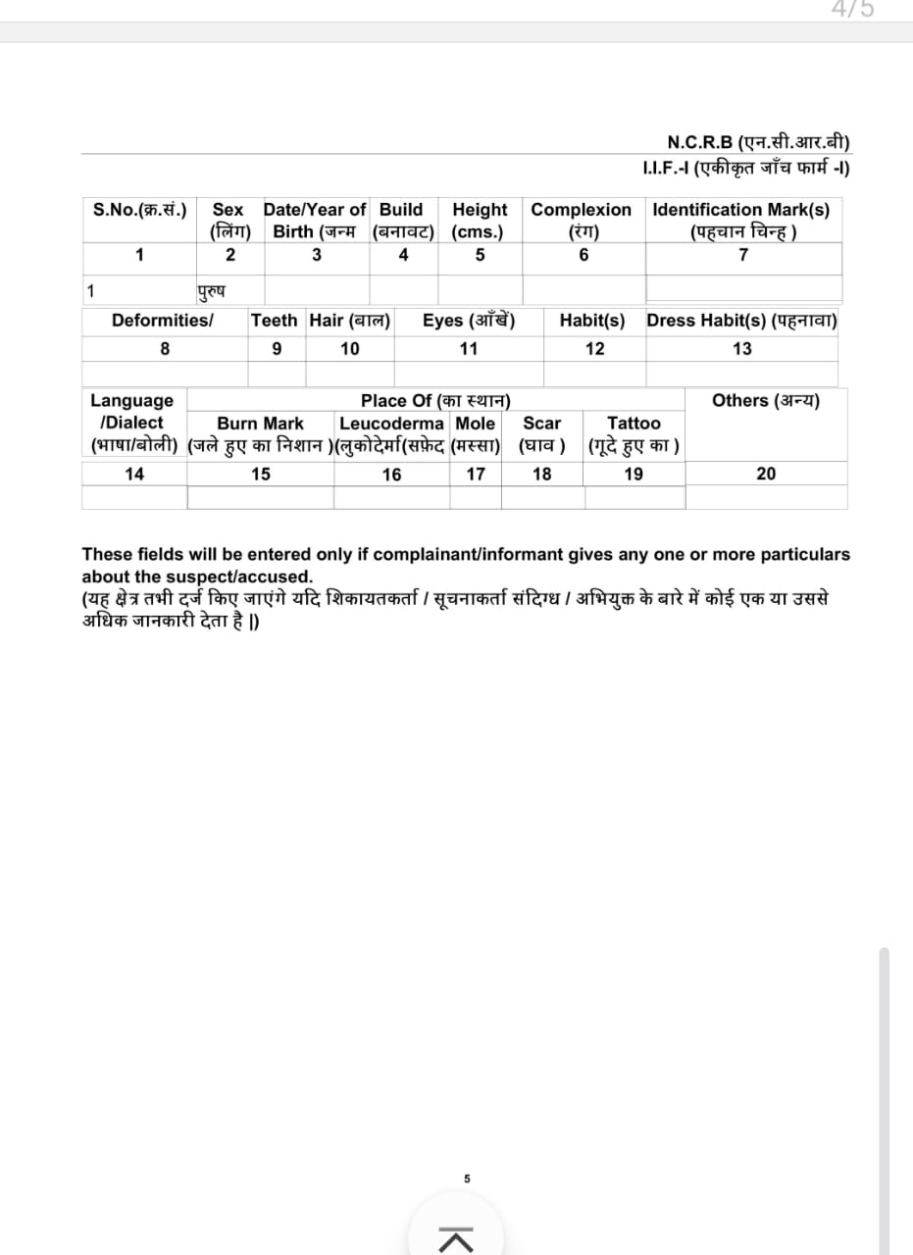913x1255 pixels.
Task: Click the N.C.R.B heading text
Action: click(x=758, y=141)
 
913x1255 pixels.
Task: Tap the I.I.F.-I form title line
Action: click(x=745, y=167)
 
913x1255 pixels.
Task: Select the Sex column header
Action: click(x=228, y=210)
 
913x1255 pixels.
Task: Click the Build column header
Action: click(x=401, y=210)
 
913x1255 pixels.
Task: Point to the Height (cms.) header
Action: click(x=480, y=221)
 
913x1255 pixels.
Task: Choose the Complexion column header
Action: click(x=582, y=210)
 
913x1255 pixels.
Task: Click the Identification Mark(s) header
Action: click(x=741, y=210)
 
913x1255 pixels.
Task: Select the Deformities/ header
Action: click(x=163, y=321)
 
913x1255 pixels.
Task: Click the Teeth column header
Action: click(x=276, y=321)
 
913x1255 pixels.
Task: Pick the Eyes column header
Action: click(x=469, y=321)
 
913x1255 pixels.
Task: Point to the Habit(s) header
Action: click(x=592, y=321)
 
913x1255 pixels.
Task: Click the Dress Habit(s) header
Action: click(x=741, y=321)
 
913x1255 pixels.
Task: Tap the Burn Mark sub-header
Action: click(x=260, y=424)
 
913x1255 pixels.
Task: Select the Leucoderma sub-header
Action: click(x=391, y=424)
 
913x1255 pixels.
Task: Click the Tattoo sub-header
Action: click(x=634, y=424)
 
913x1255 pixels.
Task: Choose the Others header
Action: click(x=766, y=400)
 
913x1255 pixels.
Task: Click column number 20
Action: click(x=766, y=474)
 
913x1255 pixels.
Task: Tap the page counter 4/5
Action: click(x=852, y=9)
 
